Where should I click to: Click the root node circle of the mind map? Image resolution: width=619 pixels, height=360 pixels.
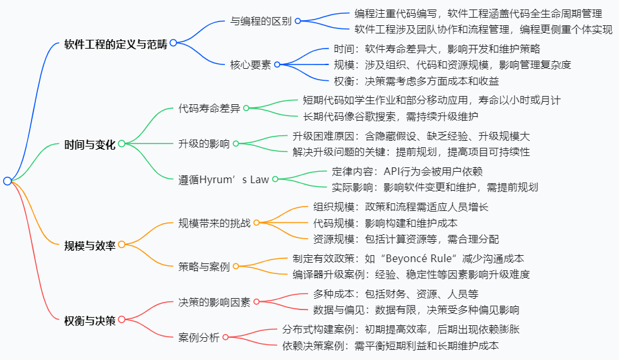point(7,181)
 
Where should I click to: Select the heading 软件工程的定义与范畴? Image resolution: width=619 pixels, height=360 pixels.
point(116,43)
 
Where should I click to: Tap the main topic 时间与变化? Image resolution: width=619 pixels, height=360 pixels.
point(90,144)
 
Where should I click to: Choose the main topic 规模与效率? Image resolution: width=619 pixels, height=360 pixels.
point(90,244)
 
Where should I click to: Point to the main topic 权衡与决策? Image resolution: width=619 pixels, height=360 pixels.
point(90,320)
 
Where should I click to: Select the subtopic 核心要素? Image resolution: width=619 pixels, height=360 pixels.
point(250,64)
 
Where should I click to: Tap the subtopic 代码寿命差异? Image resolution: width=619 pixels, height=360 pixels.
point(209,108)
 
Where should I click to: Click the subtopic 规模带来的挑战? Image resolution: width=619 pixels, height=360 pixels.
point(214,223)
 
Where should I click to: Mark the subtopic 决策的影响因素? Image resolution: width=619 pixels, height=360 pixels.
point(214,302)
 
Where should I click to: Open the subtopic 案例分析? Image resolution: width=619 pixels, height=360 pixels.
point(199,337)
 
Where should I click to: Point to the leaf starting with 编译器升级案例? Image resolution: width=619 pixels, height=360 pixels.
point(411,274)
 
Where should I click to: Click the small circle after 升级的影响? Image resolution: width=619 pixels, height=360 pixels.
point(236,143)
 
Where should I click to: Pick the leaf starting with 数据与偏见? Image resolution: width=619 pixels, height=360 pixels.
point(416,309)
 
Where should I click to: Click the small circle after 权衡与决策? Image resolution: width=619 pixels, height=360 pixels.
point(121,320)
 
